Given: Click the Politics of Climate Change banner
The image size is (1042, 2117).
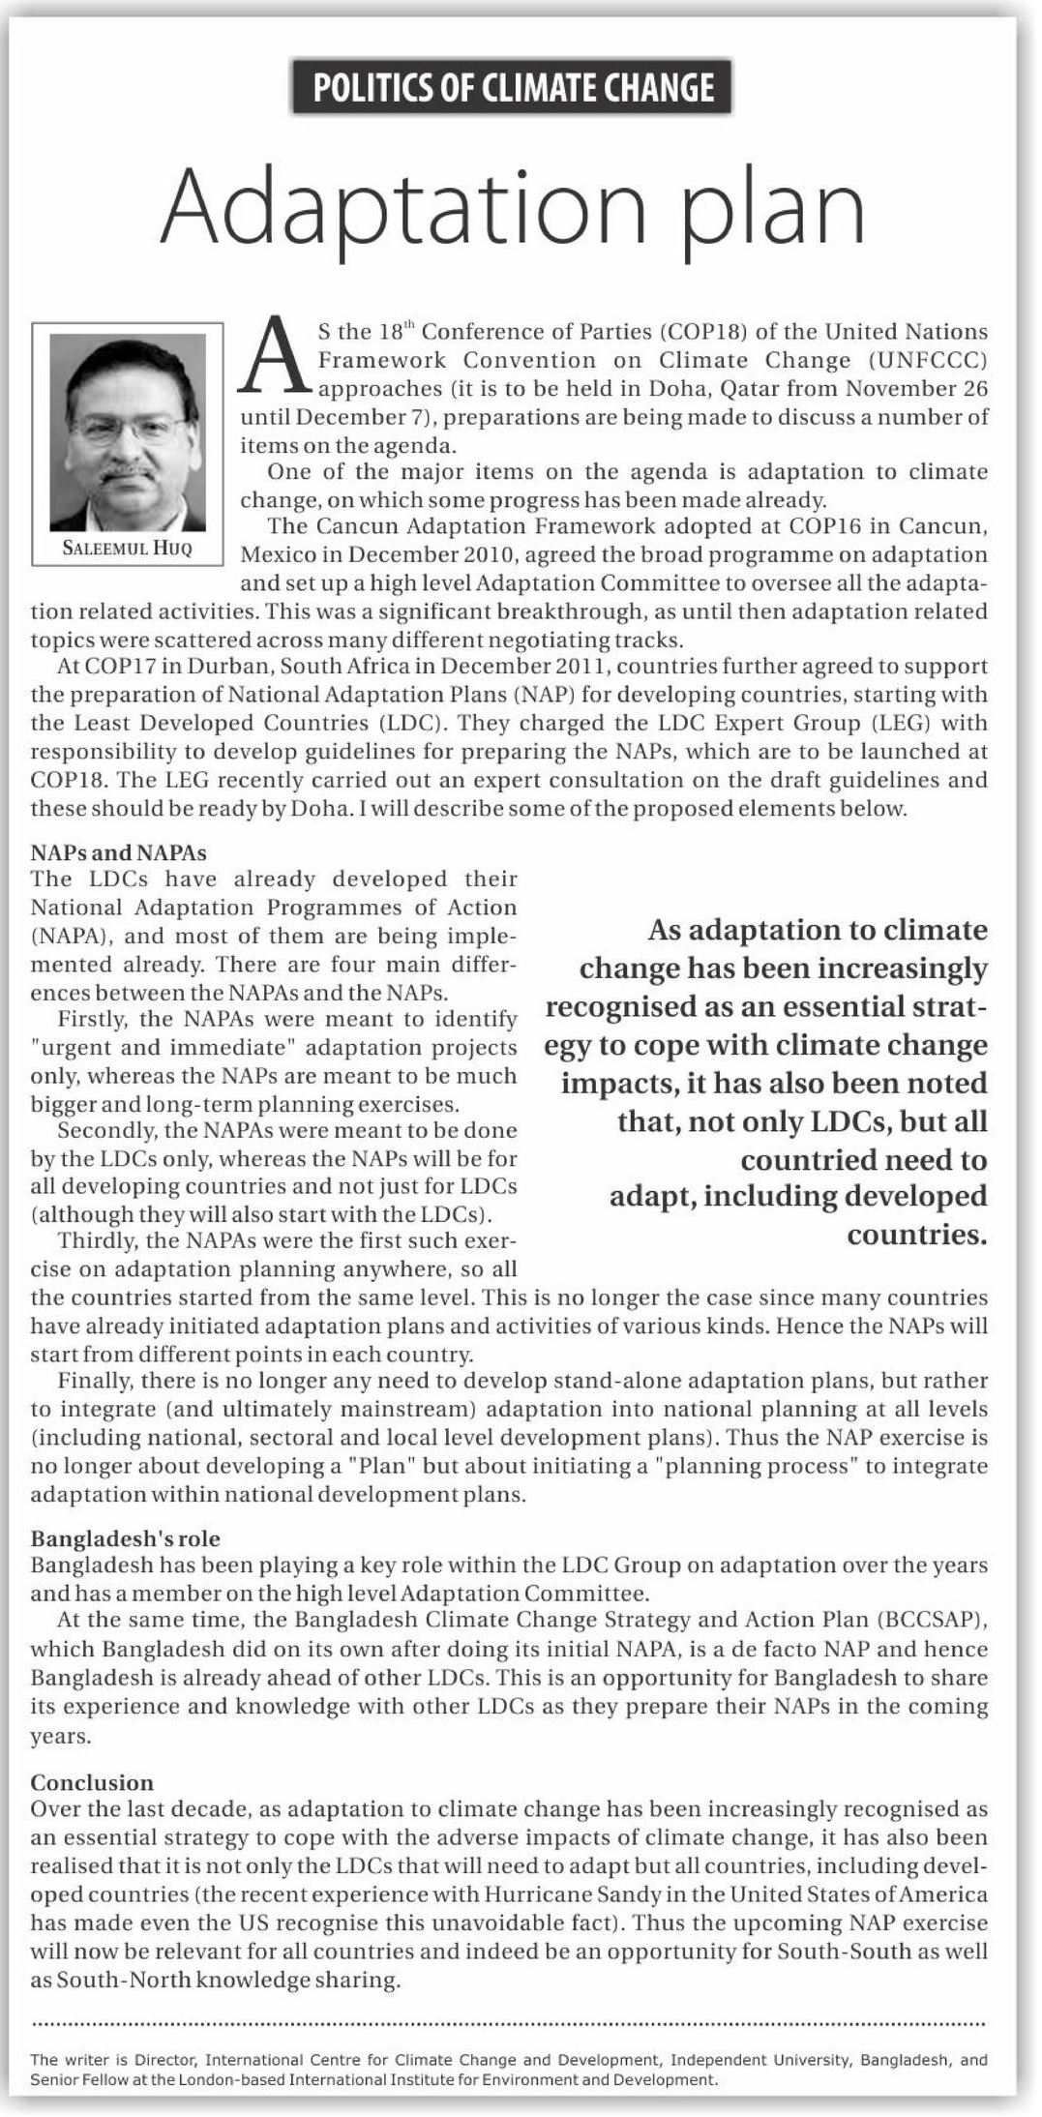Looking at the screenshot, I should pyautogui.click(x=513, y=88).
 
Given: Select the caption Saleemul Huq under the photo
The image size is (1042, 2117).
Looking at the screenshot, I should pyautogui.click(x=127, y=548).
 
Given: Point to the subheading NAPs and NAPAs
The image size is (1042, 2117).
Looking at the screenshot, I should pyautogui.click(x=118, y=852).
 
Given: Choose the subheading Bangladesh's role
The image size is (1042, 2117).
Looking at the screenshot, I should pyautogui.click(x=125, y=1538).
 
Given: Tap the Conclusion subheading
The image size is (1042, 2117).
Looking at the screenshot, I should pyautogui.click(x=92, y=1782).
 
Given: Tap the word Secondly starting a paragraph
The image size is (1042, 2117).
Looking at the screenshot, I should pyautogui.click(x=104, y=1130).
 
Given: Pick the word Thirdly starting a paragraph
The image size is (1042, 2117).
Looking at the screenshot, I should pyautogui.click(x=98, y=1240).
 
